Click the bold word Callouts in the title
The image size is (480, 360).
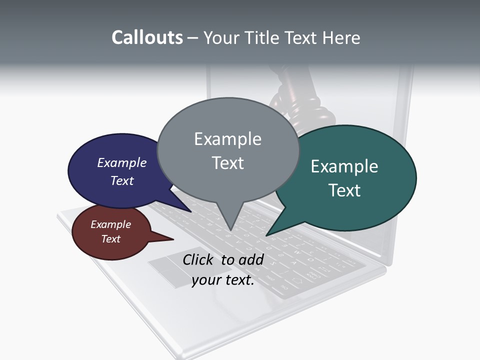pyautogui.click(x=147, y=37)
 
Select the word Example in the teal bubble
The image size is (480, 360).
pyautogui.click(x=344, y=166)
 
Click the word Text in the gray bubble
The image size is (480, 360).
pyautogui.click(x=227, y=163)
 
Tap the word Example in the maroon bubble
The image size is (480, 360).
pyautogui.click(x=110, y=224)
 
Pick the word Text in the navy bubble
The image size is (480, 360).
pyautogui.click(x=121, y=180)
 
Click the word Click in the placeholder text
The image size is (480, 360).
pyautogui.click(x=199, y=259)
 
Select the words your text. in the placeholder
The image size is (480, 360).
pyautogui.click(x=223, y=280)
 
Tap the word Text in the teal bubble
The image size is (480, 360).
pyautogui.click(x=344, y=190)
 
